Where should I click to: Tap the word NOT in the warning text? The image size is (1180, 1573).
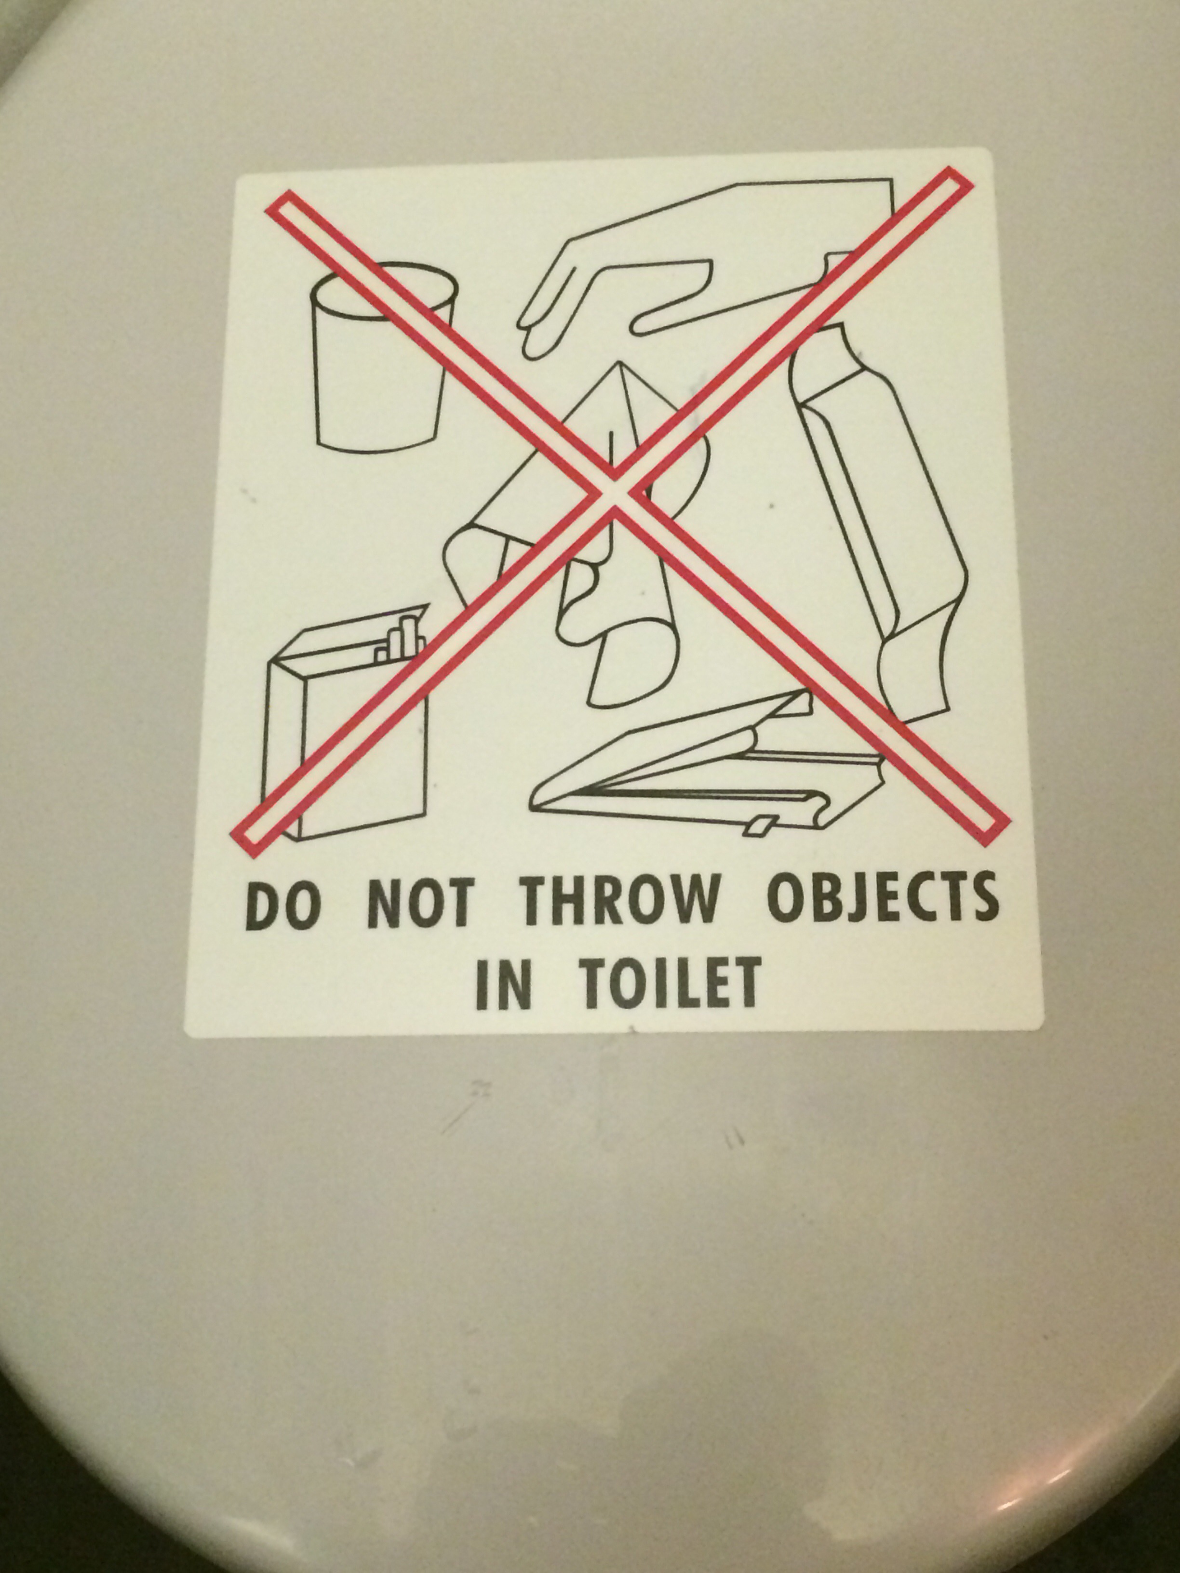click(418, 905)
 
